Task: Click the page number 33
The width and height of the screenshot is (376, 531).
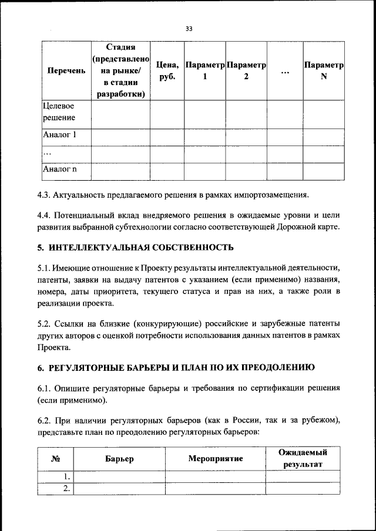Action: (188, 28)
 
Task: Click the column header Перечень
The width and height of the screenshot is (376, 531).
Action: (66, 71)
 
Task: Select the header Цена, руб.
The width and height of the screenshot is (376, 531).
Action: (167, 71)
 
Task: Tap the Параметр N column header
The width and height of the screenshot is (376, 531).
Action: (323, 71)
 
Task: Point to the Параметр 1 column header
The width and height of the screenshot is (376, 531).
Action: (205, 71)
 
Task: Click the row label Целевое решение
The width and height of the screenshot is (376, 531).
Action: (58, 112)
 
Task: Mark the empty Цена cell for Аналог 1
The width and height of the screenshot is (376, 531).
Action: (167, 137)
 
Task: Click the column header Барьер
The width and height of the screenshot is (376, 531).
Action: (120, 458)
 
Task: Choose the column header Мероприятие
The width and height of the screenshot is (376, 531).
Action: (216, 458)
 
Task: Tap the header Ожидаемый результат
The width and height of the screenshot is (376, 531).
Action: (303, 458)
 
